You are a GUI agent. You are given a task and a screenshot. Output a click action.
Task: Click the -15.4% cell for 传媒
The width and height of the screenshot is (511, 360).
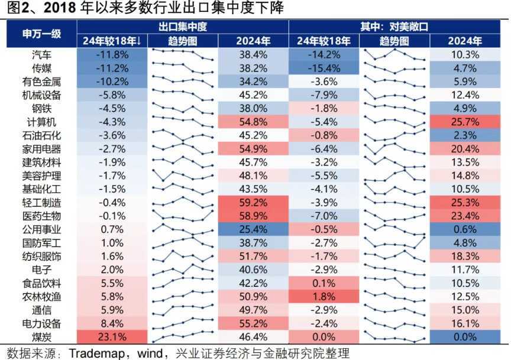click(324, 68)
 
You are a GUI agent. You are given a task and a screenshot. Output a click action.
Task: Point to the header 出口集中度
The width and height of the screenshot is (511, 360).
click(182, 27)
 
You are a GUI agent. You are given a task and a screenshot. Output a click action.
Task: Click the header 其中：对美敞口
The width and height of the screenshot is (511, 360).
click(394, 27)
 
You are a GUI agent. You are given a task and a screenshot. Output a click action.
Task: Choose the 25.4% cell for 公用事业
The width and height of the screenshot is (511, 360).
click(253, 229)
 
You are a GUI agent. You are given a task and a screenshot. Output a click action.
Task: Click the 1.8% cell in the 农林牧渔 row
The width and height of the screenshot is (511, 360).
click(324, 297)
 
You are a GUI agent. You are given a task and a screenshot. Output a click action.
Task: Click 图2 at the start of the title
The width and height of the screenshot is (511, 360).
click(17, 8)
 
